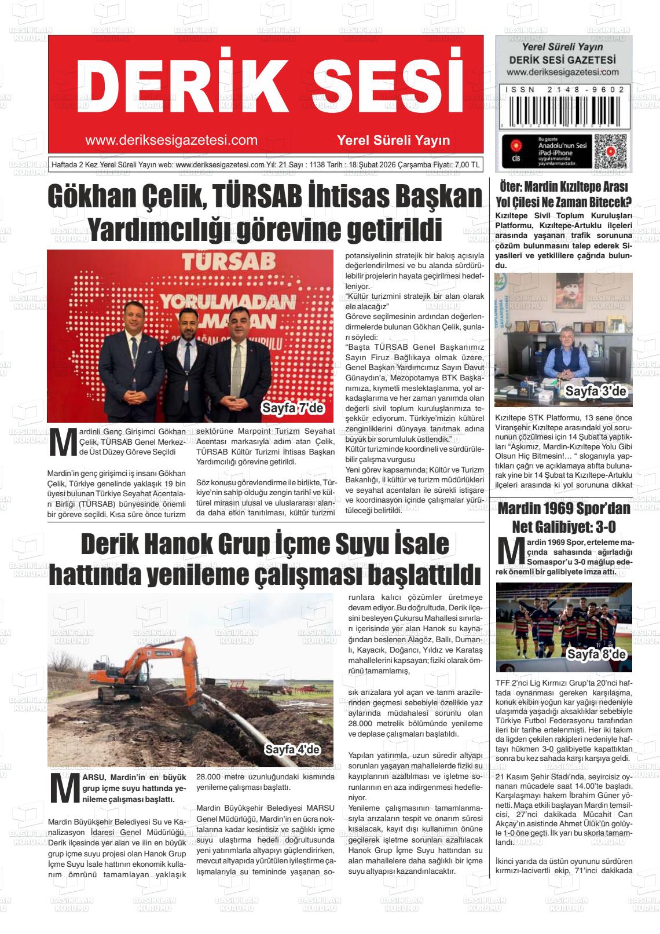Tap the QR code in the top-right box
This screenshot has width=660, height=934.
(610, 152)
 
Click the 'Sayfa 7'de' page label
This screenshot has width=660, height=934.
(294, 408)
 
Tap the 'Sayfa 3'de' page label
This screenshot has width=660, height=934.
(596, 392)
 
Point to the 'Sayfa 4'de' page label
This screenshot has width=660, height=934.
(292, 750)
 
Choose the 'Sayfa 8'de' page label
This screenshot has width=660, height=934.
(596, 655)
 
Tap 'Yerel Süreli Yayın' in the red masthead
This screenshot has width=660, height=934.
(393, 141)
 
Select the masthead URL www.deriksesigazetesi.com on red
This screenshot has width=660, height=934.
(171, 141)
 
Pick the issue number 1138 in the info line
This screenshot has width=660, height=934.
(318, 165)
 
